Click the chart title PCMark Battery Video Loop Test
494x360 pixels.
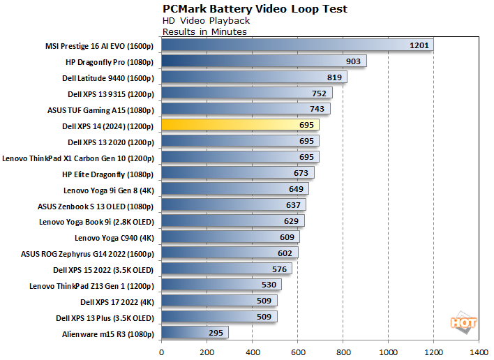pos(255,9)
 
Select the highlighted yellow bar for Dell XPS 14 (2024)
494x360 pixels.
pos(240,125)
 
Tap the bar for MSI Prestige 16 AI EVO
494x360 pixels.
pos(297,45)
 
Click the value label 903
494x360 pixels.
pos(353,61)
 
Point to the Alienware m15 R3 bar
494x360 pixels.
pos(195,333)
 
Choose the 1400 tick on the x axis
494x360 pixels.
pos(478,352)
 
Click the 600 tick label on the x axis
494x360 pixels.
pos(298,352)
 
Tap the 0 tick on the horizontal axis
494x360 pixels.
pos(162,352)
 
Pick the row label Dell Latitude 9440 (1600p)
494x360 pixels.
pos(108,77)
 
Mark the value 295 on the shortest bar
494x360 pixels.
pos(215,333)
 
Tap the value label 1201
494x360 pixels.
pos(419,45)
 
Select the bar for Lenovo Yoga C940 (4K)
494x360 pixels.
pos(230,237)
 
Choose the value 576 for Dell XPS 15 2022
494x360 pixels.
pos(278,269)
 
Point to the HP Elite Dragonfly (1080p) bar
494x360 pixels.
pos(237,173)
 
